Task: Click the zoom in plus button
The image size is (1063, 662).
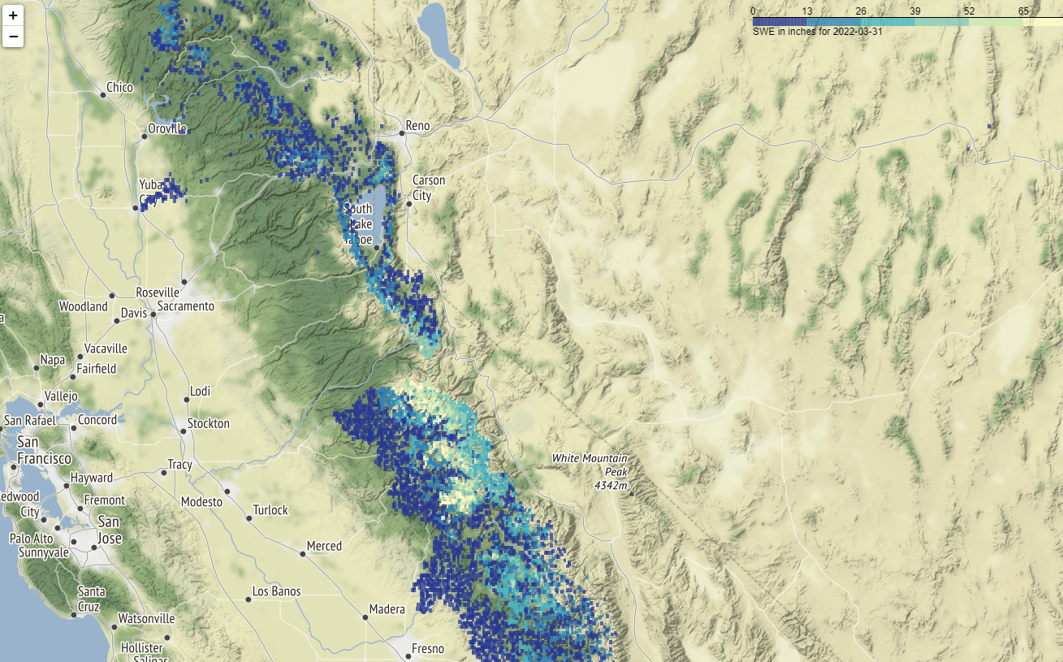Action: (13, 15)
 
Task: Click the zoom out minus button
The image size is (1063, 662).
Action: (13, 37)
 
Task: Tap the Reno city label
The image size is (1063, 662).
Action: (417, 126)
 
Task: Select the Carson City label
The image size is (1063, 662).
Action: (428, 188)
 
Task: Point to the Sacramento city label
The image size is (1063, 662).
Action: (185, 306)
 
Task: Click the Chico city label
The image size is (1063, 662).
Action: (119, 88)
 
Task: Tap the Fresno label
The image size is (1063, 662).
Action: (428, 649)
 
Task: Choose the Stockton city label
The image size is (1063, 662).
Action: (208, 423)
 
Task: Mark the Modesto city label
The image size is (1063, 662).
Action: (201, 502)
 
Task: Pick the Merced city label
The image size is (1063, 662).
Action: (324, 546)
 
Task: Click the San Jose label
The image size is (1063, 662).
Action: (110, 530)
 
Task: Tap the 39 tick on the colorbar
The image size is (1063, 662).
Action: (915, 11)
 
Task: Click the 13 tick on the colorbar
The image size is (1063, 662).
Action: (806, 11)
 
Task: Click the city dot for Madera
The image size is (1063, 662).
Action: (365, 617)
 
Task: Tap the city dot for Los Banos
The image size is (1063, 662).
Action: (248, 599)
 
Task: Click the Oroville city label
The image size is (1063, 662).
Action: (167, 129)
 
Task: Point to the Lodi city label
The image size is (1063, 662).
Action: (200, 392)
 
